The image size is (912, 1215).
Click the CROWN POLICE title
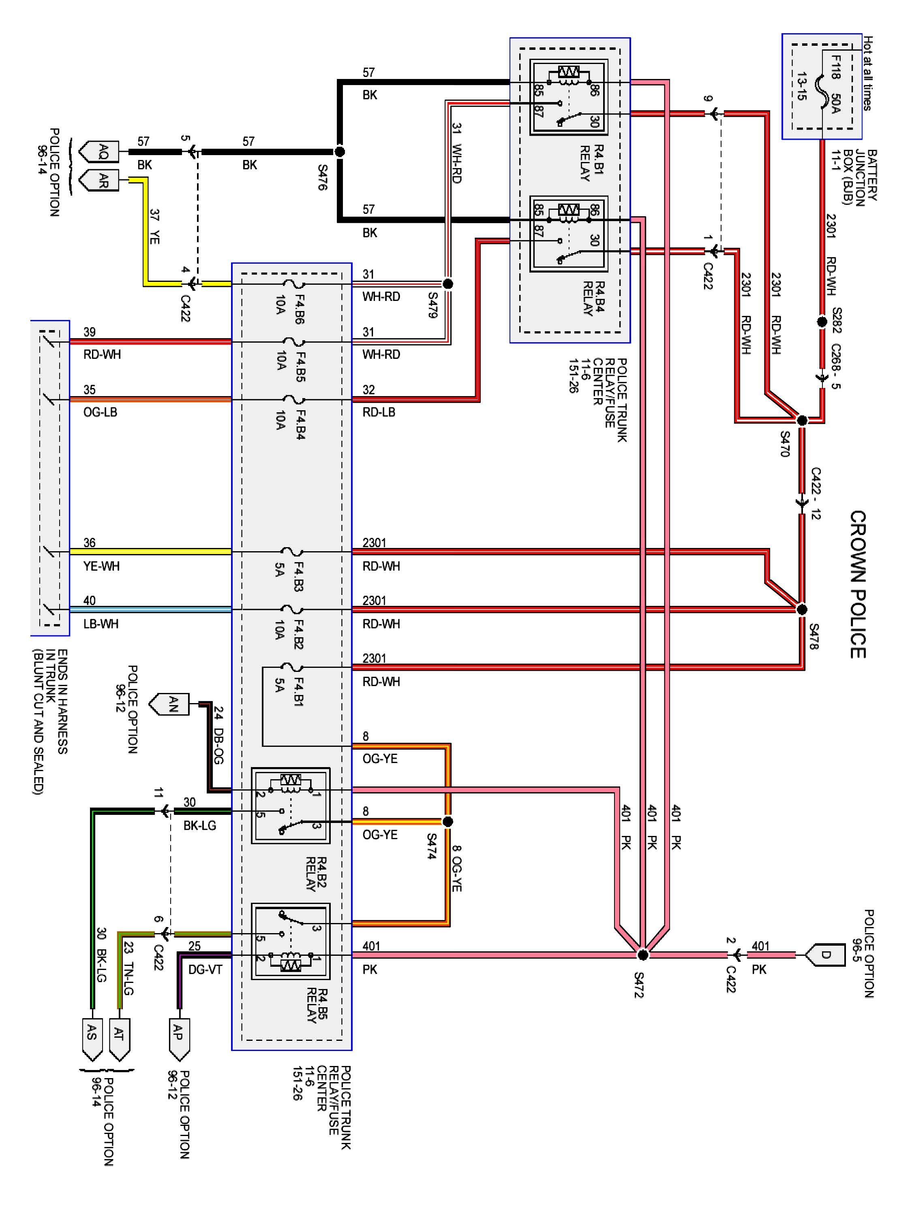pyautogui.click(x=858, y=584)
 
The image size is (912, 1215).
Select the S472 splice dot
pyautogui.click(x=642, y=955)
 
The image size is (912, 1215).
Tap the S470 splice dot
pyautogui.click(x=802, y=421)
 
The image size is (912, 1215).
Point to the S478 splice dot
pyautogui.click(x=802, y=609)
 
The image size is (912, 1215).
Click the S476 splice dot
pyautogui.click(x=340, y=151)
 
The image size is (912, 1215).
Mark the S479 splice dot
pyautogui.click(x=448, y=284)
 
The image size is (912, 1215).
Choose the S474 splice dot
pyautogui.click(x=448, y=822)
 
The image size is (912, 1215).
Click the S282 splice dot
pyautogui.click(x=822, y=322)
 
